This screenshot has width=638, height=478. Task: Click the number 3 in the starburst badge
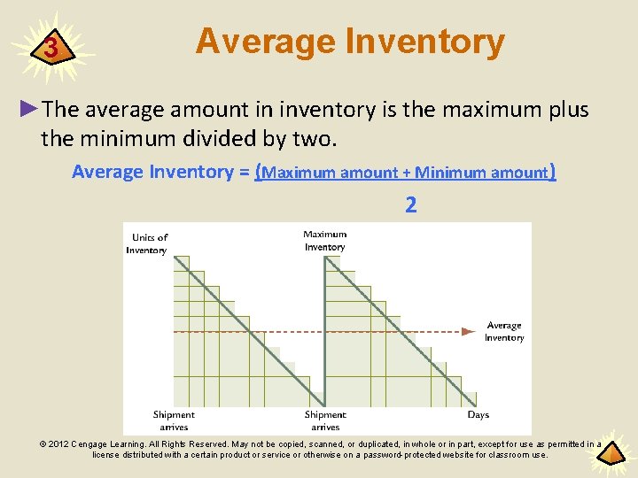[52, 48]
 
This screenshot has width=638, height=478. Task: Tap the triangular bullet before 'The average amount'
[29, 108]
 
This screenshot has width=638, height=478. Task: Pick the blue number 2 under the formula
[410, 206]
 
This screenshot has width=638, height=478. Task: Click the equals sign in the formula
[244, 172]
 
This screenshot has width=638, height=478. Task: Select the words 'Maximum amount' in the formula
[330, 173]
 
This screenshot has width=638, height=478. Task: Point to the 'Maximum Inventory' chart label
[325, 240]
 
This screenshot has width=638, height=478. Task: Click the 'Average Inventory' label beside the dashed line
[504, 331]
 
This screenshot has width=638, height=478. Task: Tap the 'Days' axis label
[478, 414]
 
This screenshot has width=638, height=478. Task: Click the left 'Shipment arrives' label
[174, 420]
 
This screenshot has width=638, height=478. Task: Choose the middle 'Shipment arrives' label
[325, 420]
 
